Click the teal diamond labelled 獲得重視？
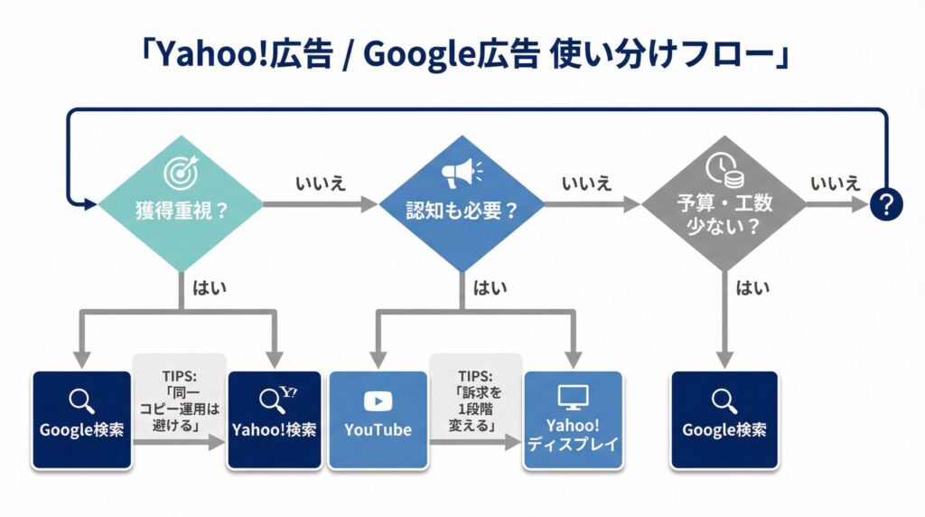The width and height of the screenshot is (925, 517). pyautogui.click(x=180, y=206)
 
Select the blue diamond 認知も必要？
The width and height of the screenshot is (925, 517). pyautogui.click(x=462, y=206)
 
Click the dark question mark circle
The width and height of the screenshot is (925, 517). pyautogui.click(x=886, y=205)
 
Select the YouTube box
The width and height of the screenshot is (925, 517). pyautogui.click(x=378, y=419)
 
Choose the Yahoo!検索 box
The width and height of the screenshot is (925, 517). pyautogui.click(x=275, y=419)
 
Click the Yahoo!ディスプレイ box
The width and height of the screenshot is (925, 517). pyautogui.click(x=573, y=419)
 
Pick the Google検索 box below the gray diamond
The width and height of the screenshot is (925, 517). pyautogui.click(x=724, y=419)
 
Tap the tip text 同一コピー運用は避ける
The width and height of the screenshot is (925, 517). pyautogui.click(x=179, y=402)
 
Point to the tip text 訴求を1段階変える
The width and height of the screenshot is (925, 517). pyautogui.click(x=474, y=402)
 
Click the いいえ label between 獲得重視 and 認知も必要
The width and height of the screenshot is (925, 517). pyautogui.click(x=320, y=183)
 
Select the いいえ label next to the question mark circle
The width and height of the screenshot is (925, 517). pyautogui.click(x=835, y=183)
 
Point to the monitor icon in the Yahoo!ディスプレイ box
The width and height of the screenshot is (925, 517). pyautogui.click(x=573, y=396)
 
